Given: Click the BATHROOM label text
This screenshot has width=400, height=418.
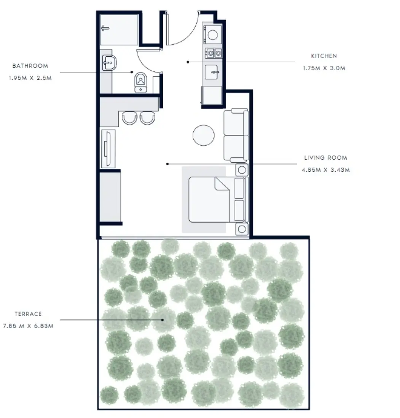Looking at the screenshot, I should (30, 66).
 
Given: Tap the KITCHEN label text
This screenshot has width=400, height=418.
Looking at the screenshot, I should (324, 56).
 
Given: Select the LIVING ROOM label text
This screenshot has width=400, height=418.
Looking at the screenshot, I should (325, 158).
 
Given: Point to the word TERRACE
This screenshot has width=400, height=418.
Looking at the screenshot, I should (28, 314).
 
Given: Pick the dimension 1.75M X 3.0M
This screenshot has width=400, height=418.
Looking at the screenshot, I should (324, 68).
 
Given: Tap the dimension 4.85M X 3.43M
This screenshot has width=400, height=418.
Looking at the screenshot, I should (325, 170).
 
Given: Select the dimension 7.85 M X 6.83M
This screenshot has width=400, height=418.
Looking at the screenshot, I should (29, 326).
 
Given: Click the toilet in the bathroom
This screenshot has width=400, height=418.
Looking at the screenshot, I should (141, 81).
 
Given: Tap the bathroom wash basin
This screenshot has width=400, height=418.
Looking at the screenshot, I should (110, 62).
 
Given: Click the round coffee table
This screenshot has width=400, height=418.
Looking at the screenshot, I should (204, 135).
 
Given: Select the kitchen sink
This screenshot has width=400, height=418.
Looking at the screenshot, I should (213, 72).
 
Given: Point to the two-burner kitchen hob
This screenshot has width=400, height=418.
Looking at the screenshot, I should (213, 53).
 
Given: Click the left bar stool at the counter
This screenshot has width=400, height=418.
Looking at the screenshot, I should (129, 117).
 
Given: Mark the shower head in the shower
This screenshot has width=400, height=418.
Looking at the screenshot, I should (105, 28).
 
